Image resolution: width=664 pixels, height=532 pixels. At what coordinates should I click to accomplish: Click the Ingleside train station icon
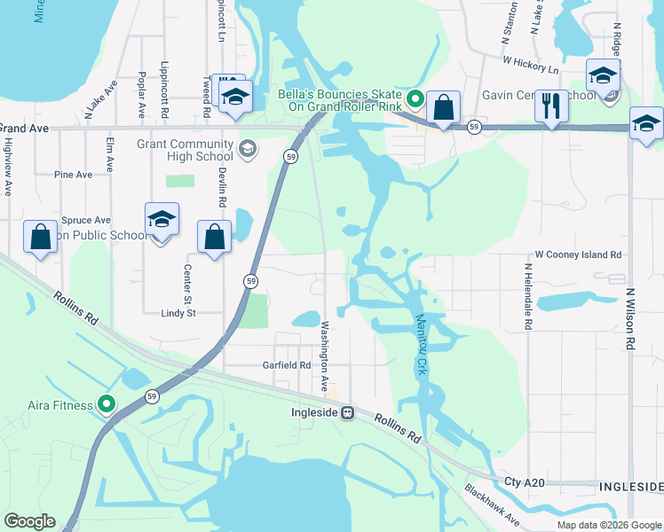(349, 412)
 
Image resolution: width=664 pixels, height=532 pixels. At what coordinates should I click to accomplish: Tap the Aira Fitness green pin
(107, 405)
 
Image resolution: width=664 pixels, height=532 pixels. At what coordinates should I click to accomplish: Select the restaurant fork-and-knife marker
(551, 106)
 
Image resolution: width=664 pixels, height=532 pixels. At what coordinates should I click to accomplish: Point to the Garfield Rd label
(285, 364)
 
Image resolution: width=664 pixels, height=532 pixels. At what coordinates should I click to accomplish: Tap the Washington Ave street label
(325, 356)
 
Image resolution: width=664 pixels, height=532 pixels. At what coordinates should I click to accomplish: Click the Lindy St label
(178, 313)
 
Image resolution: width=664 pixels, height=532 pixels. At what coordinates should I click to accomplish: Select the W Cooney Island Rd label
(578, 254)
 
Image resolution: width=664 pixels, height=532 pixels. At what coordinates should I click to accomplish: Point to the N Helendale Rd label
(527, 297)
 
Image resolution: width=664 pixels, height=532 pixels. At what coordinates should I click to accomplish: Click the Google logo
(29, 521)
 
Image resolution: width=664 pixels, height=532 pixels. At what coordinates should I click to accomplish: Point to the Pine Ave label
(73, 175)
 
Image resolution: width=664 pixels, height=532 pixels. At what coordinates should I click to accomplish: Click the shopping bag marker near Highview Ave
(40, 238)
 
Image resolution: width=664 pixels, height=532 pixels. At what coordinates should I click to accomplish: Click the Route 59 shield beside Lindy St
(251, 281)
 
